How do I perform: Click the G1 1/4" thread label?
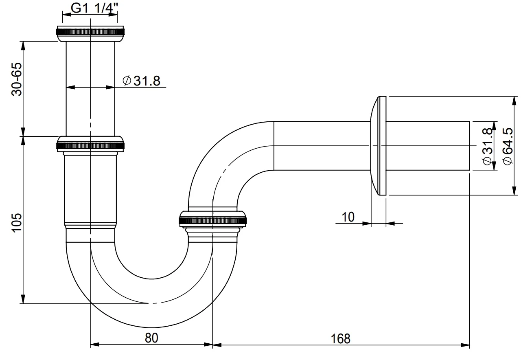tap(90, 8)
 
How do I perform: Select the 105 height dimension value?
tap(17, 222)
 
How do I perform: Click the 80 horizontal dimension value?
tap(151, 338)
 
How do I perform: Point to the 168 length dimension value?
tap(341, 338)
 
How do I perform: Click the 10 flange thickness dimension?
tap(348, 217)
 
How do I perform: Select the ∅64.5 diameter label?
tap(507, 146)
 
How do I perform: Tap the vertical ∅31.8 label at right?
tap(487, 146)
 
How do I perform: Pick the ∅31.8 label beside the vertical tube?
tap(141, 81)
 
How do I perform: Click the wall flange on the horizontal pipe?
tap(379, 146)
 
